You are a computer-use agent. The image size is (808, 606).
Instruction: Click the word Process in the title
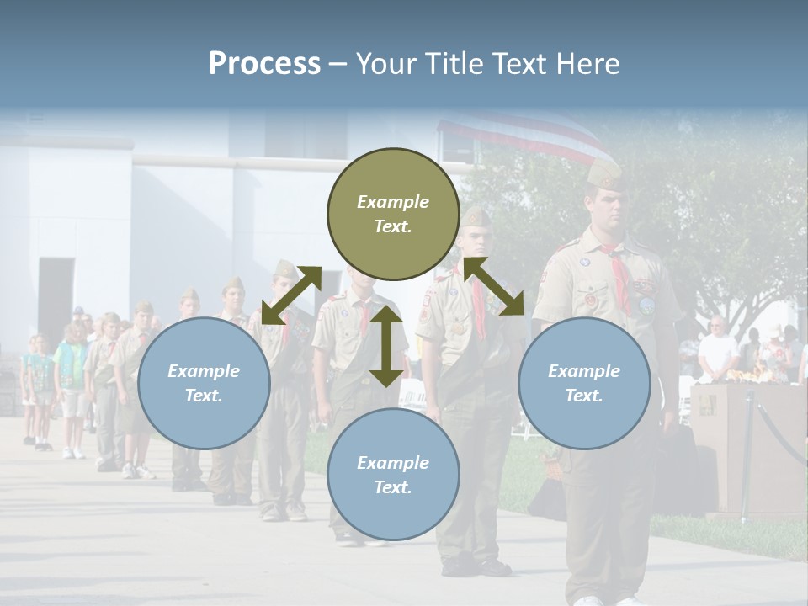264,64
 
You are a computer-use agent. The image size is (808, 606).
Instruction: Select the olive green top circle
393,214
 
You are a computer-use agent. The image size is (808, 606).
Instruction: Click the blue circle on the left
204,383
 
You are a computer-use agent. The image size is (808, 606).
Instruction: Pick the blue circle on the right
584,383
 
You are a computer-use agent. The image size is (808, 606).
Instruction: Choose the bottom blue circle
393,475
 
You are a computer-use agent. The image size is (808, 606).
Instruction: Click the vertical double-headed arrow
386,346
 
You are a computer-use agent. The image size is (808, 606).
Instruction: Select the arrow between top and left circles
291,295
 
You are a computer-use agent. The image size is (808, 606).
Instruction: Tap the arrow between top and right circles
493,286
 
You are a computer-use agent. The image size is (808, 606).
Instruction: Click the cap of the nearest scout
604,173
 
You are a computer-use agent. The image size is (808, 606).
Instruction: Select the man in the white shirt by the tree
717,348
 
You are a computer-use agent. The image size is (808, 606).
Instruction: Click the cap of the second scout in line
475,217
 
